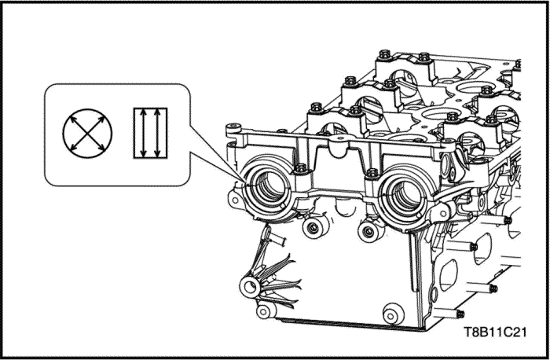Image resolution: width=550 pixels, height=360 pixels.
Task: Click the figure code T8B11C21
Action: tap(495, 332)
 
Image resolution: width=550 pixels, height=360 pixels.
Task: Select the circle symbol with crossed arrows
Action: tap(87, 134)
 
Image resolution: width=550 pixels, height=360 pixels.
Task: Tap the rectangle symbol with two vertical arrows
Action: tap(151, 133)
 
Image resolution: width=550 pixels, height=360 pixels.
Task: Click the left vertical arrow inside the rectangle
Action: tap(143, 133)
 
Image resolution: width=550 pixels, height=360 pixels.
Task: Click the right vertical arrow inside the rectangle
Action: tap(157, 133)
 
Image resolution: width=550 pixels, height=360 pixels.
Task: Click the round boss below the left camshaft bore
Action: tap(313, 228)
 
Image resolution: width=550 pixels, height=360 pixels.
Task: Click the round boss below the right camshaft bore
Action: tap(368, 232)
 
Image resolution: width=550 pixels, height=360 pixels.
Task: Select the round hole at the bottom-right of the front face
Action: tap(393, 314)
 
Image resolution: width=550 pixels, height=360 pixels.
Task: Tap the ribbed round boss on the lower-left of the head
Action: tap(250, 286)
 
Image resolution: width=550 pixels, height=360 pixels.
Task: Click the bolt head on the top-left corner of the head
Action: tap(234, 127)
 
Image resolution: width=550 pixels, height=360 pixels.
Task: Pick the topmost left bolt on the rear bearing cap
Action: tap(385, 54)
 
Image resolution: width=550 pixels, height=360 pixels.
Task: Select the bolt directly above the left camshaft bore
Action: tap(301, 168)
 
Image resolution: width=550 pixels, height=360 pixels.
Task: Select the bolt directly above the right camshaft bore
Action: tap(372, 172)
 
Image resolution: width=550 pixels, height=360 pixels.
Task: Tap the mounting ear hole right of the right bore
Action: tap(443, 213)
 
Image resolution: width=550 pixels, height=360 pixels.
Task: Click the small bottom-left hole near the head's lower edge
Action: tap(265, 310)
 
